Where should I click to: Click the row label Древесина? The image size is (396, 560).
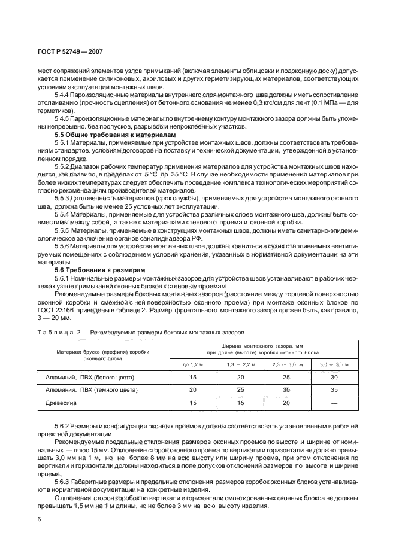[x=63, y=403]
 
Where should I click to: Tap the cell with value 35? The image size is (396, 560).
[x=334, y=390]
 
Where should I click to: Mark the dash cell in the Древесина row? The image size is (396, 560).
[x=334, y=403]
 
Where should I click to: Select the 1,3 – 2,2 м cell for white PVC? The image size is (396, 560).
[x=241, y=377]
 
